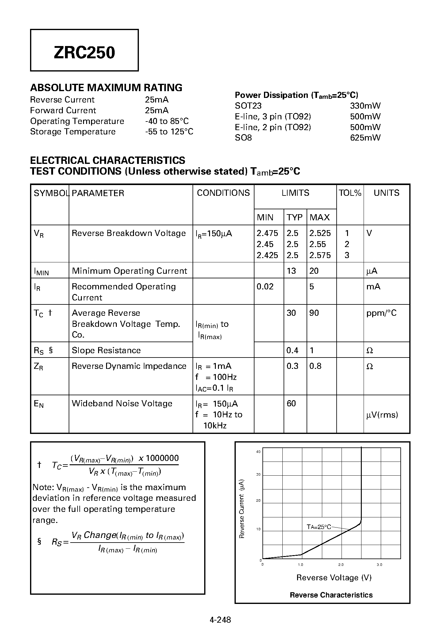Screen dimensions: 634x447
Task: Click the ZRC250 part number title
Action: [84, 52]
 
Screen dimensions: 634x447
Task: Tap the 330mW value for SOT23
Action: [365, 106]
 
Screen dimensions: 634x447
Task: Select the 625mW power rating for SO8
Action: [365, 138]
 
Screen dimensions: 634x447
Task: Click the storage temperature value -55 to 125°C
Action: [169, 132]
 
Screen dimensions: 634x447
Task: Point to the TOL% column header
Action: [350, 193]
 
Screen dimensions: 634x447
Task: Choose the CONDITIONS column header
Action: [223, 193]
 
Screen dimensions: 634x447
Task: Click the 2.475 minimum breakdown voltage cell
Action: [267, 233]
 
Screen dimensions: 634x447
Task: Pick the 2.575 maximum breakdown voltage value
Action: [320, 255]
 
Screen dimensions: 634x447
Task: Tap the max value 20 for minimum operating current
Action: [314, 271]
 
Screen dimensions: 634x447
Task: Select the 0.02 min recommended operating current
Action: [265, 287]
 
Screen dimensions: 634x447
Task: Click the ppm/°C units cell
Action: [381, 313]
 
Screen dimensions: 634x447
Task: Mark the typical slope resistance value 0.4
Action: [292, 350]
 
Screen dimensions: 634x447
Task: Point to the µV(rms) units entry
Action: [382, 415]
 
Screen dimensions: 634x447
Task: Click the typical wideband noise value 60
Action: [291, 404]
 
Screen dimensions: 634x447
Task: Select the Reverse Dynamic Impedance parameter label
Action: [129, 366]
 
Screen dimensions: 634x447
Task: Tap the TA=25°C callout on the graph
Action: [319, 527]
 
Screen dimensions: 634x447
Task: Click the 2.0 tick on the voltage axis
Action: [341, 565]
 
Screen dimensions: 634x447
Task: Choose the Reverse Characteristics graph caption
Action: [331, 595]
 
